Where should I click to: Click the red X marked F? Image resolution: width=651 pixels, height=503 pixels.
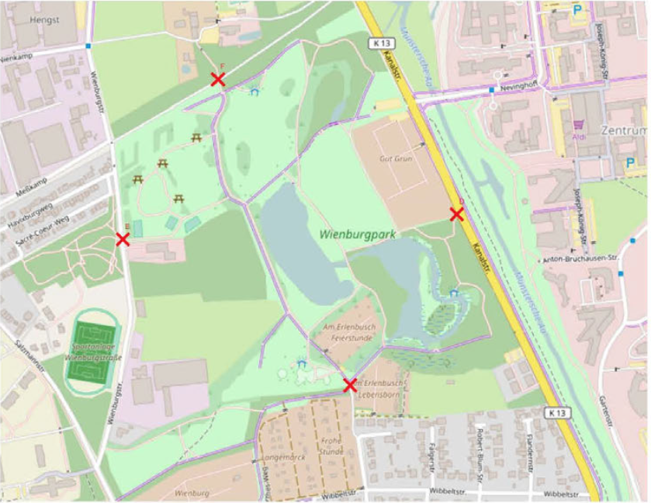click(x=219, y=78)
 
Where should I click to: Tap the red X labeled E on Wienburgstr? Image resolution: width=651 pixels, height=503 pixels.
click(x=123, y=239)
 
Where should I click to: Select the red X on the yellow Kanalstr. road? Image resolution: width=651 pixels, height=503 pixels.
click(x=457, y=214)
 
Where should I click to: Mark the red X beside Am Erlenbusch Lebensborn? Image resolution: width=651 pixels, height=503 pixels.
click(x=350, y=385)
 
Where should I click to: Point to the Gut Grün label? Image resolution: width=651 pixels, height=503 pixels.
click(x=394, y=158)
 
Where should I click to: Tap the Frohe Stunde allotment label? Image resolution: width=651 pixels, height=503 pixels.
click(x=331, y=445)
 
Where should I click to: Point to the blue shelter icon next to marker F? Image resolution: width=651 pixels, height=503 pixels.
click(x=255, y=91)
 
